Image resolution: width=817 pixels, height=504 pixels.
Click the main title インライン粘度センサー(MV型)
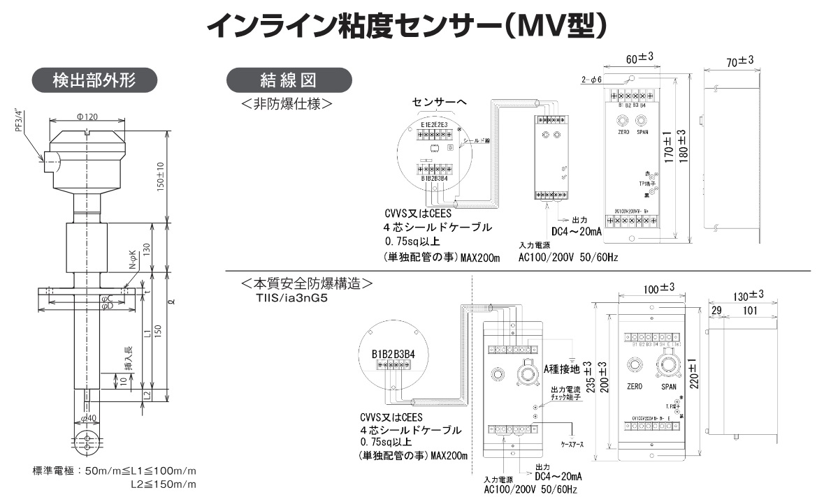pyautogui.click(x=407, y=27)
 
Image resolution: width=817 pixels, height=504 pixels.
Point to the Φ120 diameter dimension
pyautogui.click(x=87, y=116)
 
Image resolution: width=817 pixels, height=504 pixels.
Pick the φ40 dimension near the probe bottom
pyautogui.click(x=87, y=417)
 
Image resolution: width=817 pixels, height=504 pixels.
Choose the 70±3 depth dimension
pyautogui.click(x=739, y=62)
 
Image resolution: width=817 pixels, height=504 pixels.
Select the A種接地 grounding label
pyautogui.click(x=561, y=368)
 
